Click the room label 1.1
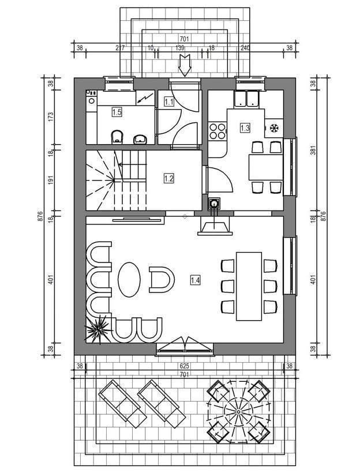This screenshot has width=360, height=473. pyautogui.click(x=169, y=102)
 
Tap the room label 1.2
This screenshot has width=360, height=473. pyautogui.click(x=169, y=178)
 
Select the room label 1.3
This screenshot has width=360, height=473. pyautogui.click(x=245, y=128)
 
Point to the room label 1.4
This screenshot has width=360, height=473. pyautogui.click(x=195, y=280)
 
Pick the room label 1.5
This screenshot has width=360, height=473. pyautogui.click(x=117, y=112)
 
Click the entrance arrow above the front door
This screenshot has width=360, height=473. pyautogui.click(x=185, y=65)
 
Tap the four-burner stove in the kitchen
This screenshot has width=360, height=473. pyautogui.click(x=217, y=130)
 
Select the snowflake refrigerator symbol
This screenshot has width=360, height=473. pyautogui.click(x=274, y=129)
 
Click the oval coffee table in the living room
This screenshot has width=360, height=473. pyautogui.click(x=129, y=280)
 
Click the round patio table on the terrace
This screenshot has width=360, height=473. pyautogui.click(x=238, y=411)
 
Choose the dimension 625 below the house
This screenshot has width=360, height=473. pyautogui.click(x=185, y=366)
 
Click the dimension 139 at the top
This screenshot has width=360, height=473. pyautogui.click(x=180, y=48)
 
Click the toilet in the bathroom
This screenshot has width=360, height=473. pyautogui.click(x=117, y=137)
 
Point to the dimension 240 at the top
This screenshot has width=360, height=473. pyautogui.click(x=245, y=48)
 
